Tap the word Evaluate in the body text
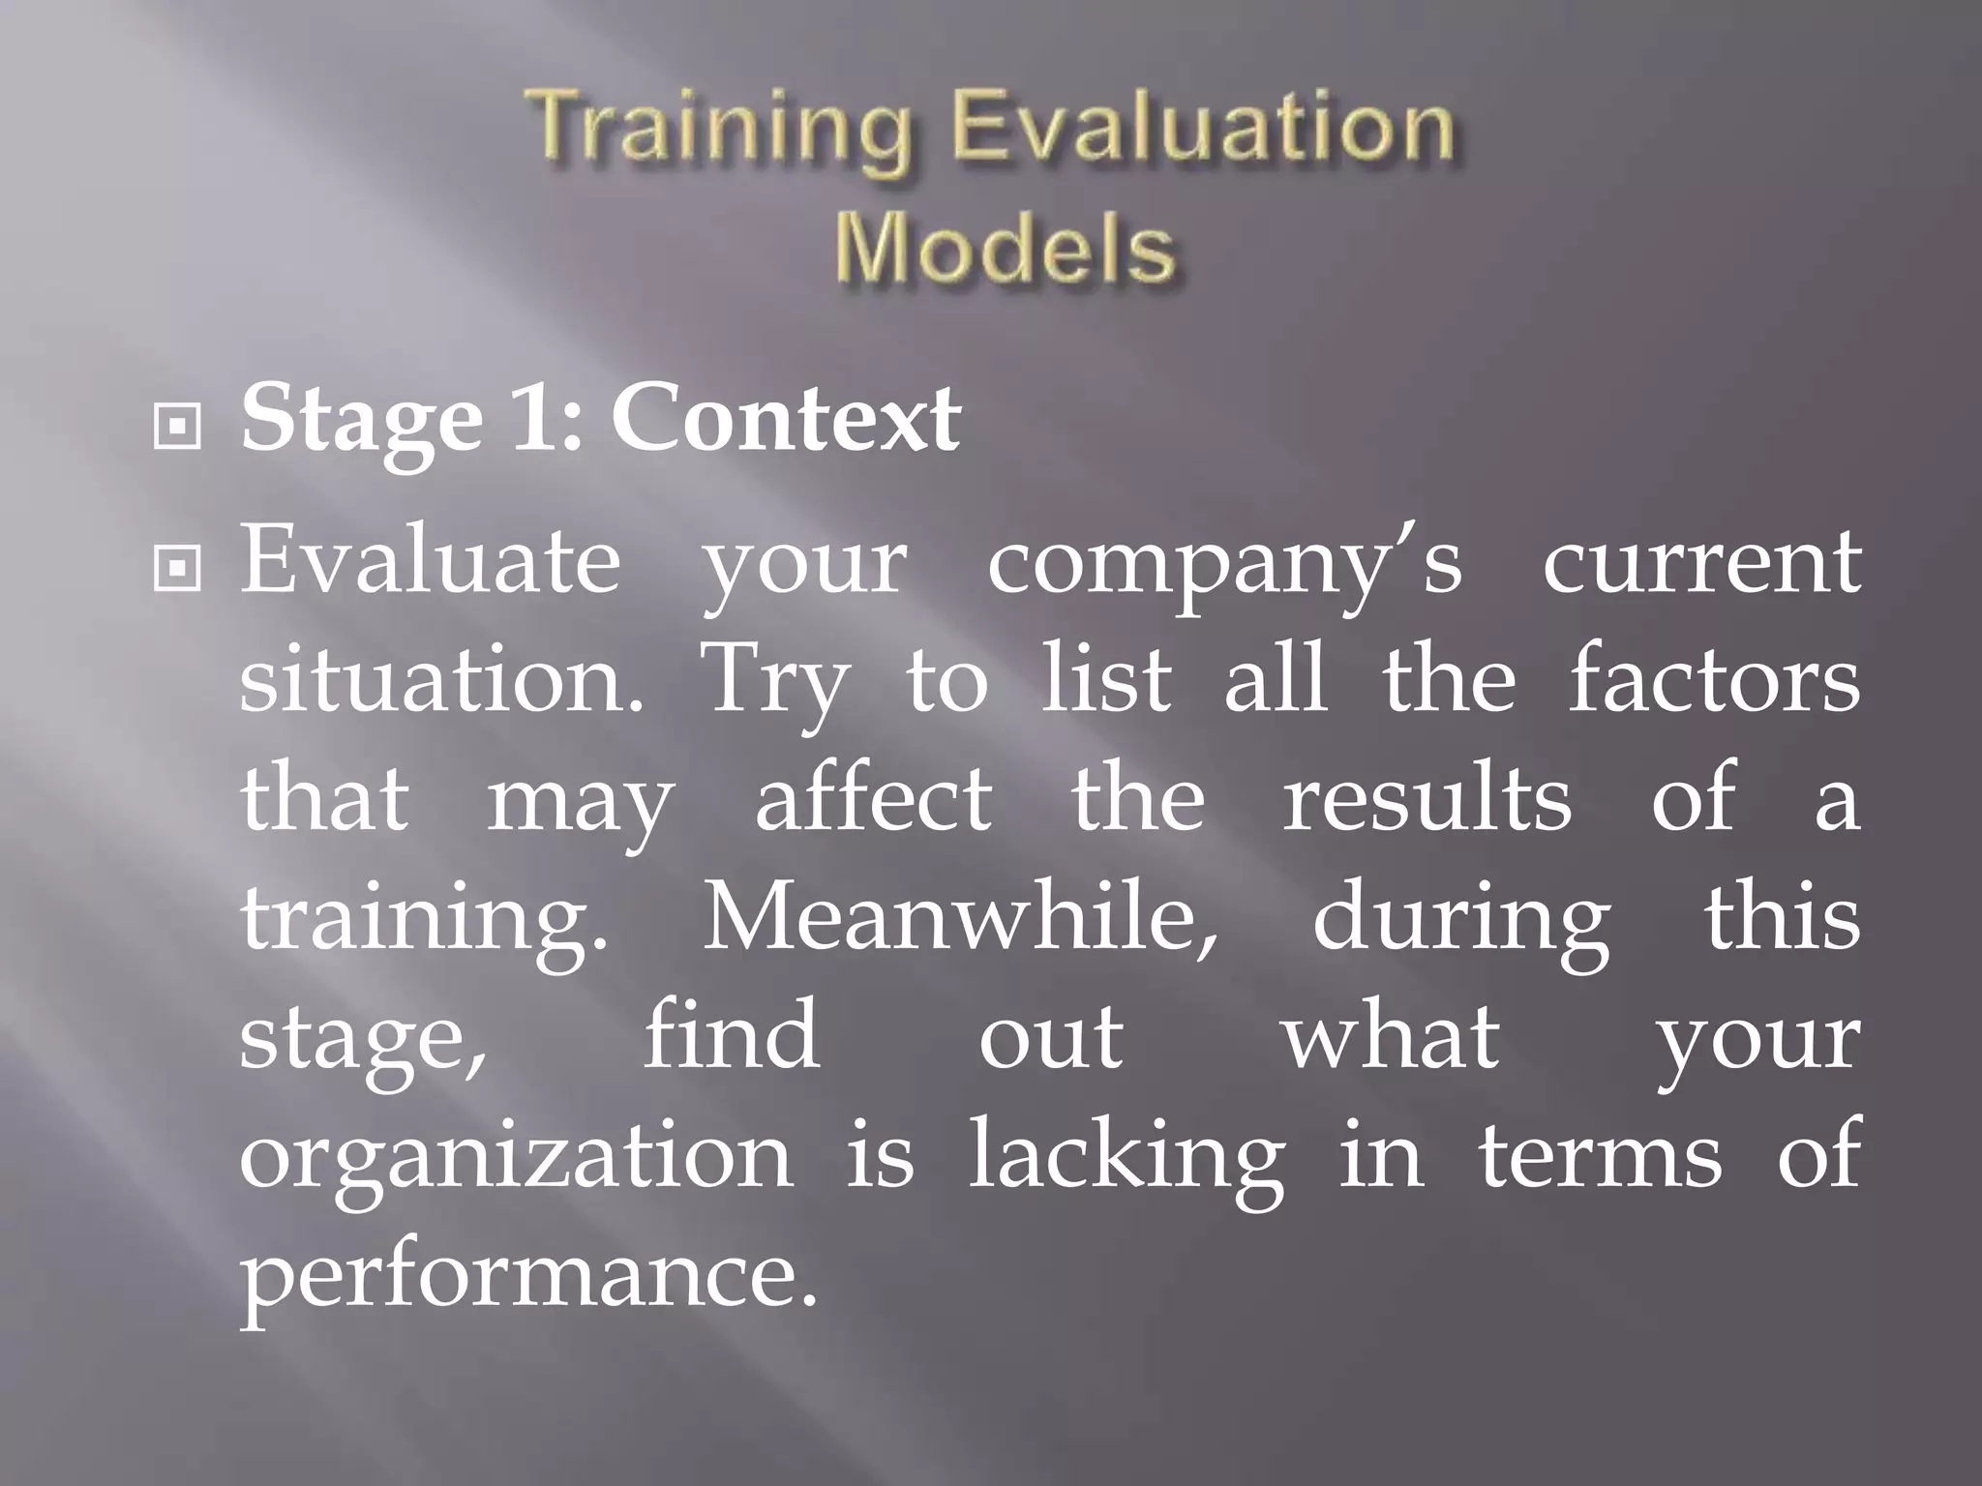coord(430,561)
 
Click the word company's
coord(1224,566)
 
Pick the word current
coord(1701,561)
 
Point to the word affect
coord(873,799)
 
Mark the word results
coord(1426,799)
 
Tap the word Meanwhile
coord(959,918)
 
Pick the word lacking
coord(1127,1159)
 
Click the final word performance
coord(528,1277)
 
